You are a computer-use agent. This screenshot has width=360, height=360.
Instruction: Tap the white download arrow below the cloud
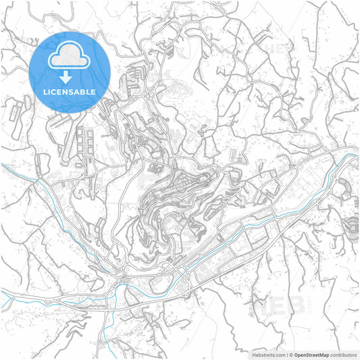[70, 78]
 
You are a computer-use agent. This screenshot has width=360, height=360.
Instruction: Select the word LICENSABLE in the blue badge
[70, 91]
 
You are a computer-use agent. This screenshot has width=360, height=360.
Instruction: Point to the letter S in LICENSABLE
[76, 91]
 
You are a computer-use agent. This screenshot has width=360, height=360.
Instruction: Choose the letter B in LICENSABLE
[86, 91]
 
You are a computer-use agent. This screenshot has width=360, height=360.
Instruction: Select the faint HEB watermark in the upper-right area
[276, 49]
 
